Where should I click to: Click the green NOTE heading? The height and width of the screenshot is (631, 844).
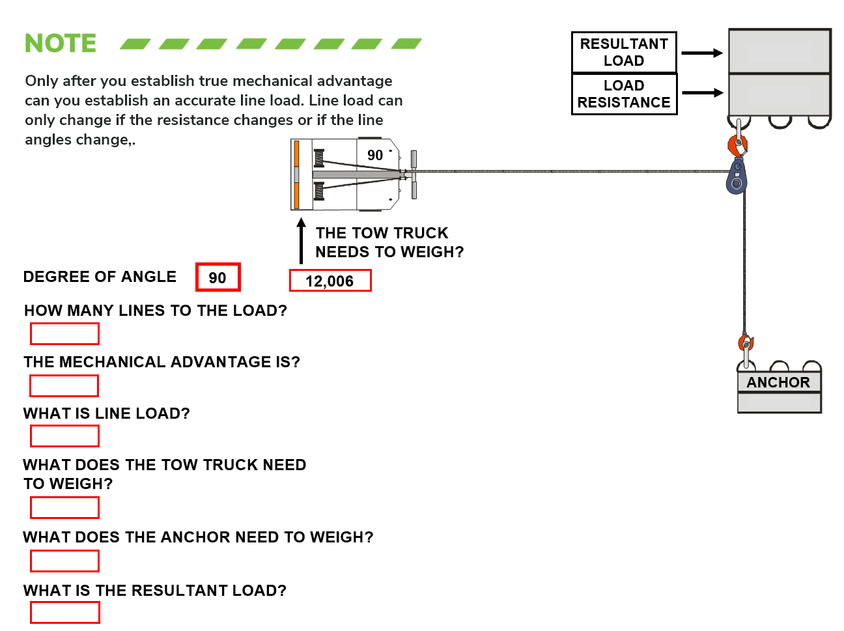(61, 44)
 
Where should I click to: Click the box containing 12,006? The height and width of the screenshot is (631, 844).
(330, 281)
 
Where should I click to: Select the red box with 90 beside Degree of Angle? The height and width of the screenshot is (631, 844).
(218, 277)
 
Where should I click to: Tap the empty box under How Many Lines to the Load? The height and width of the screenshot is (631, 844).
(64, 334)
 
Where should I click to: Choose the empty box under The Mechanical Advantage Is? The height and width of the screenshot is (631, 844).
(64, 386)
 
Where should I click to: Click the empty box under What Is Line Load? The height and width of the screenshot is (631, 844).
(64, 436)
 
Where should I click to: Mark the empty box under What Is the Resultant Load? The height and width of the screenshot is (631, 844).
(64, 613)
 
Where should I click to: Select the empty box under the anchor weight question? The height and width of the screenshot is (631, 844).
(64, 561)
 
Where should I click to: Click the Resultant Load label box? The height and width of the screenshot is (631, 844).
(624, 52)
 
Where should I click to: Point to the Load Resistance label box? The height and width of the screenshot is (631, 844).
(624, 94)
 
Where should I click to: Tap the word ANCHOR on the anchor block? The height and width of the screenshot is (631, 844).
(778, 383)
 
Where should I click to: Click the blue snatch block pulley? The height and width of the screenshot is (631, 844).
(737, 178)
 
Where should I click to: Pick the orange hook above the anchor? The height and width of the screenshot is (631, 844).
(746, 343)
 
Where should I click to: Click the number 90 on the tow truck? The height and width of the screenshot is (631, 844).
(375, 156)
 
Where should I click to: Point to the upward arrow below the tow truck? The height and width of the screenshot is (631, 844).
(301, 241)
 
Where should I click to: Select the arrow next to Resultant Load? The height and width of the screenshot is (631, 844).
(702, 53)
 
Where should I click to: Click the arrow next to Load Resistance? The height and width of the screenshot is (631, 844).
(702, 93)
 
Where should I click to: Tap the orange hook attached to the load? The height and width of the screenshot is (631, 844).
(738, 145)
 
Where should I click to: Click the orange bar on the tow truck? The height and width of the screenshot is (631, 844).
(296, 175)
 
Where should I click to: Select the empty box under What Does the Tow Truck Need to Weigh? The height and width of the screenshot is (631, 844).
(64, 507)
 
